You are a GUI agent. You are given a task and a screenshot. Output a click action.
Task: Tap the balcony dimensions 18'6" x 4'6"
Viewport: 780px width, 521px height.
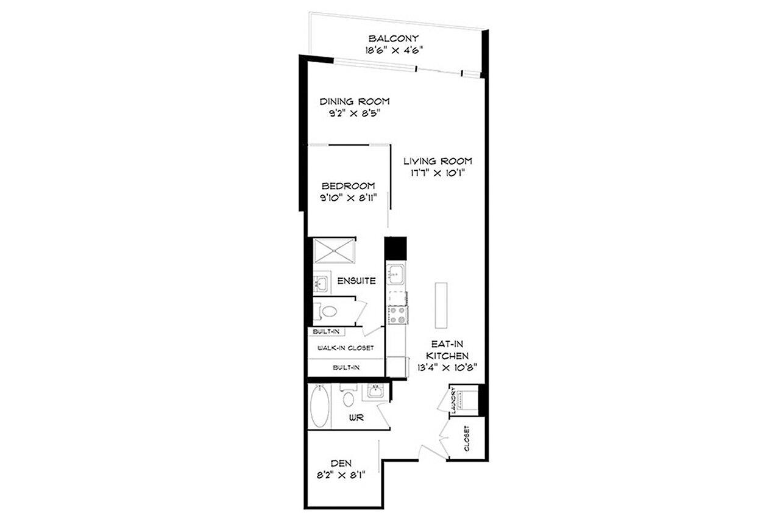point(394,51)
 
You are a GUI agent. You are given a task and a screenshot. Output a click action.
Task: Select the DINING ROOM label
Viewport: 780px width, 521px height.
point(355,101)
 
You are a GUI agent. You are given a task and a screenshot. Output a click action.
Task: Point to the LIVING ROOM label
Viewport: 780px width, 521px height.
point(438,161)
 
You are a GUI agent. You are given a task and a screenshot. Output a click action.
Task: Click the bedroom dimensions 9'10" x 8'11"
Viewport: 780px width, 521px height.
point(349,198)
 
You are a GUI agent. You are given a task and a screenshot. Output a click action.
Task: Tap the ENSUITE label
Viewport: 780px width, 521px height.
point(356,281)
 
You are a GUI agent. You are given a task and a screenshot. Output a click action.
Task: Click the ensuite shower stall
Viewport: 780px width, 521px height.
point(334,251)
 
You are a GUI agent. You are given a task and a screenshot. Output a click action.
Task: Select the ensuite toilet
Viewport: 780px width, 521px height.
point(326,311)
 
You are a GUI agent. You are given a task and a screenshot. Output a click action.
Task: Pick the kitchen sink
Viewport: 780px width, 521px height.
point(396,274)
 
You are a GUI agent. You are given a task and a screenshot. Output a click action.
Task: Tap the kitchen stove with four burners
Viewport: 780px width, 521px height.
point(397,315)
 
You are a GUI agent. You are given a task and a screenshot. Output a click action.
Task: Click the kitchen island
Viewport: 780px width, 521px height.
point(441,305)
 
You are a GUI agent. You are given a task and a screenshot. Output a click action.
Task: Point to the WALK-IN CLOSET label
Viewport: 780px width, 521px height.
point(346,348)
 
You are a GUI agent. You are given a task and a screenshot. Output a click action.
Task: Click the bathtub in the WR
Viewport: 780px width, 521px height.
point(320,406)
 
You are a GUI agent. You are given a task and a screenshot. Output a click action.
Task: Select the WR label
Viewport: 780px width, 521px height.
point(356,417)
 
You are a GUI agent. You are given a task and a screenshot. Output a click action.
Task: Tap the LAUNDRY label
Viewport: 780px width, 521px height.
point(453,400)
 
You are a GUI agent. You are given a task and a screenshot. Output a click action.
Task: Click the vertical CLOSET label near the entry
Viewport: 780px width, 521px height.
point(467,439)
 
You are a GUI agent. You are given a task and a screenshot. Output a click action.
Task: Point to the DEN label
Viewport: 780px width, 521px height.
point(341,463)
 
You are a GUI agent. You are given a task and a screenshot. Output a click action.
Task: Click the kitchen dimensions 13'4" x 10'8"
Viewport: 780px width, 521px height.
point(447,367)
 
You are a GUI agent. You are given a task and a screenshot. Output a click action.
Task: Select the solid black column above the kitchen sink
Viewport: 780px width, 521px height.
point(395,248)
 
